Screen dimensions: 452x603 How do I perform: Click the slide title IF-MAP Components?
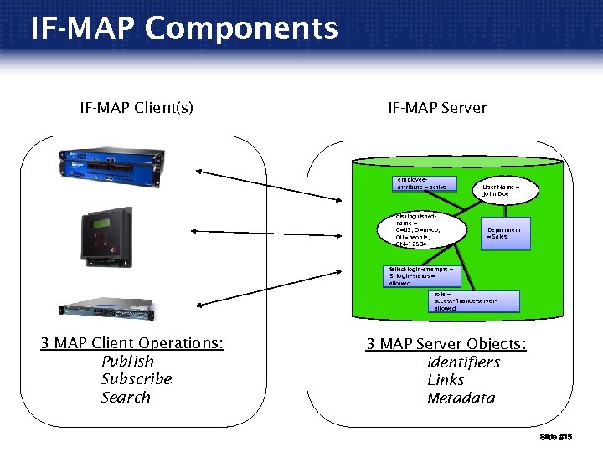[x=184, y=28]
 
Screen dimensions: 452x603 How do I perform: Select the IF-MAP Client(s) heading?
[x=137, y=107]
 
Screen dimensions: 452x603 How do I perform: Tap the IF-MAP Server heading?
[x=436, y=107]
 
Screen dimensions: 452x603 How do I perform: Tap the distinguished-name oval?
[x=430, y=230]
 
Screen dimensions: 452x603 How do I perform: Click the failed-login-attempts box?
[x=421, y=276]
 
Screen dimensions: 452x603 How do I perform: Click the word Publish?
[x=127, y=362]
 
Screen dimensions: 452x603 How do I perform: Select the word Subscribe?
[x=137, y=379]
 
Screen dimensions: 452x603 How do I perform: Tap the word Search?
[x=126, y=398]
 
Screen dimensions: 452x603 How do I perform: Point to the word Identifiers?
[x=463, y=362]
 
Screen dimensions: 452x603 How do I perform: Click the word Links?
[x=446, y=380]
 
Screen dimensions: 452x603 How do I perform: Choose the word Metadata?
[x=461, y=398]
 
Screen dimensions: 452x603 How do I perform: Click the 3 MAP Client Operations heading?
[x=132, y=343]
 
